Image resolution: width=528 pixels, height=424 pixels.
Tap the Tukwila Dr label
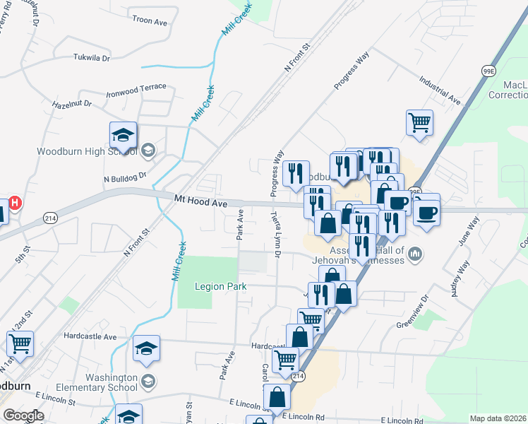(x=92, y=58)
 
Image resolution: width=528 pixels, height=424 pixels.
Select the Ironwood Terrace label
(x=136, y=88)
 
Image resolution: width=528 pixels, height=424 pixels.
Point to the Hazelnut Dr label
(x=72, y=103)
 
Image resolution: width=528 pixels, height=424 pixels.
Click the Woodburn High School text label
(x=88, y=151)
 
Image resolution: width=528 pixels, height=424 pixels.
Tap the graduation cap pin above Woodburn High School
(x=123, y=135)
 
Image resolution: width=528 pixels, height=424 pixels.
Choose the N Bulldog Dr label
(x=125, y=179)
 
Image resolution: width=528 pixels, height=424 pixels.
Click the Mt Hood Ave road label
(x=201, y=203)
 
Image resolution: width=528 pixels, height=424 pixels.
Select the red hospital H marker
(x=14, y=202)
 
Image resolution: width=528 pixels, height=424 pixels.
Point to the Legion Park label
(x=221, y=286)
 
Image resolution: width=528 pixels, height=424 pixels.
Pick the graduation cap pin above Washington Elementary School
(x=146, y=349)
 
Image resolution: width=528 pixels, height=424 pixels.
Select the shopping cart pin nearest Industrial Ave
(x=419, y=123)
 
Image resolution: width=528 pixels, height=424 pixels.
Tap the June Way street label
(x=468, y=232)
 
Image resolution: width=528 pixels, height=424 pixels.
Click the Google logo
(x=23, y=416)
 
